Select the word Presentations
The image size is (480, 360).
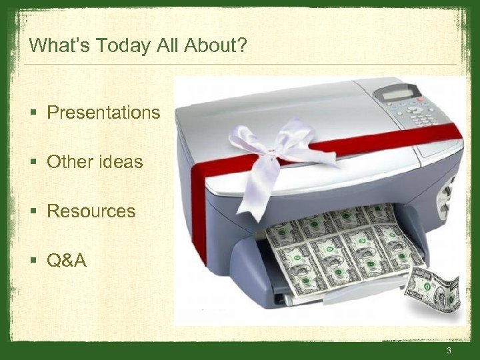[103, 113]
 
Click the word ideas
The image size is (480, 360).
[119, 162]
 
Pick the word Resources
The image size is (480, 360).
[91, 211]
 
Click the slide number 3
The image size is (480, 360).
[449, 351]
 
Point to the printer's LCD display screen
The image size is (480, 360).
[398, 95]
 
